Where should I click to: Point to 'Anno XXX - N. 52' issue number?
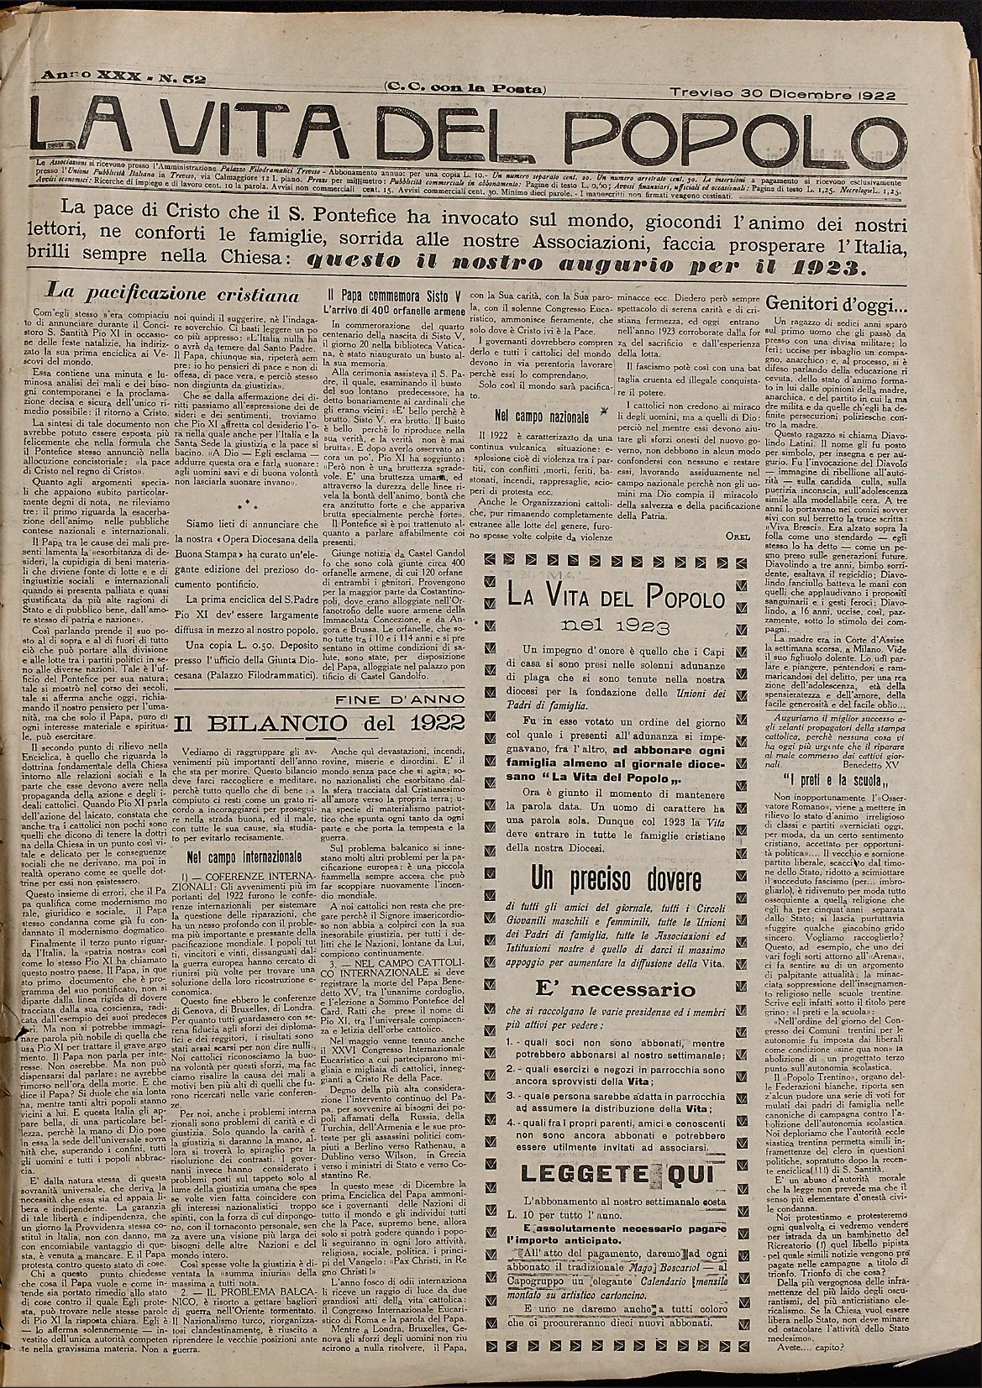(x=120, y=79)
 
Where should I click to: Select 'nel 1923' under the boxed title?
(x=604, y=626)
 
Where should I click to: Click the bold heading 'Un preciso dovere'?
(x=616, y=880)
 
